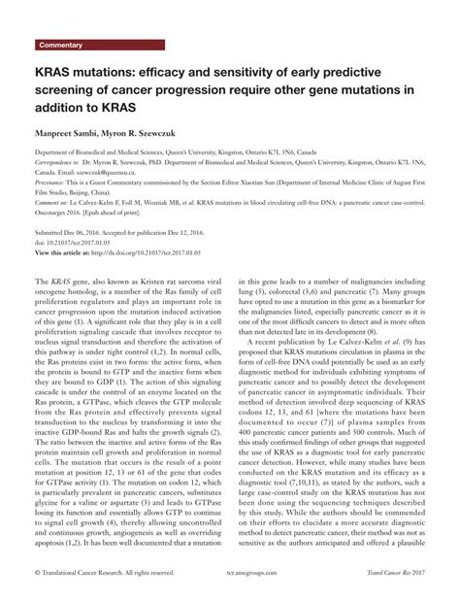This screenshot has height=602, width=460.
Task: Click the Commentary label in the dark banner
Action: click(61, 46)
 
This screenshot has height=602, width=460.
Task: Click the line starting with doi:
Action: click(82, 244)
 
